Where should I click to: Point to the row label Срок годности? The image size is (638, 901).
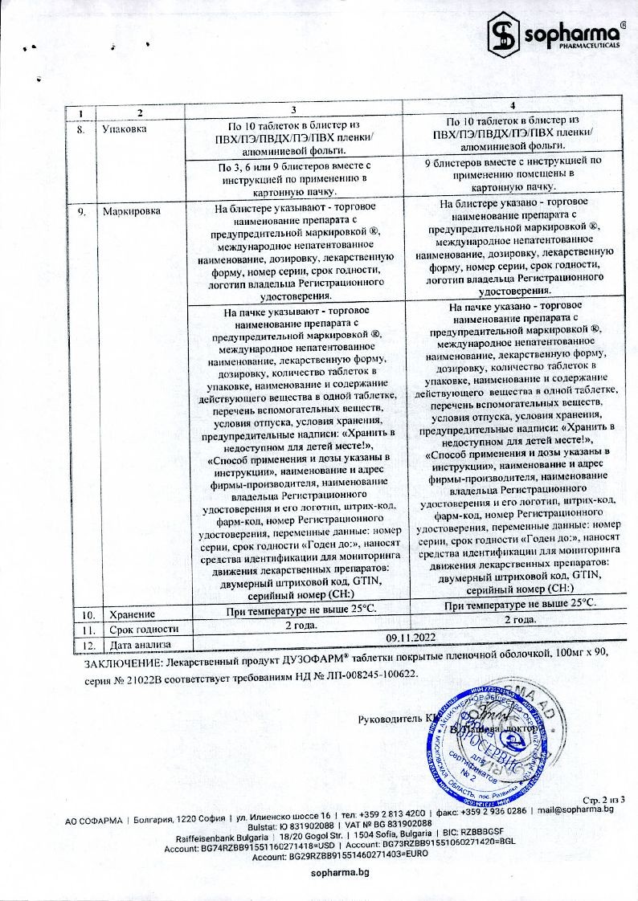[x=133, y=629]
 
